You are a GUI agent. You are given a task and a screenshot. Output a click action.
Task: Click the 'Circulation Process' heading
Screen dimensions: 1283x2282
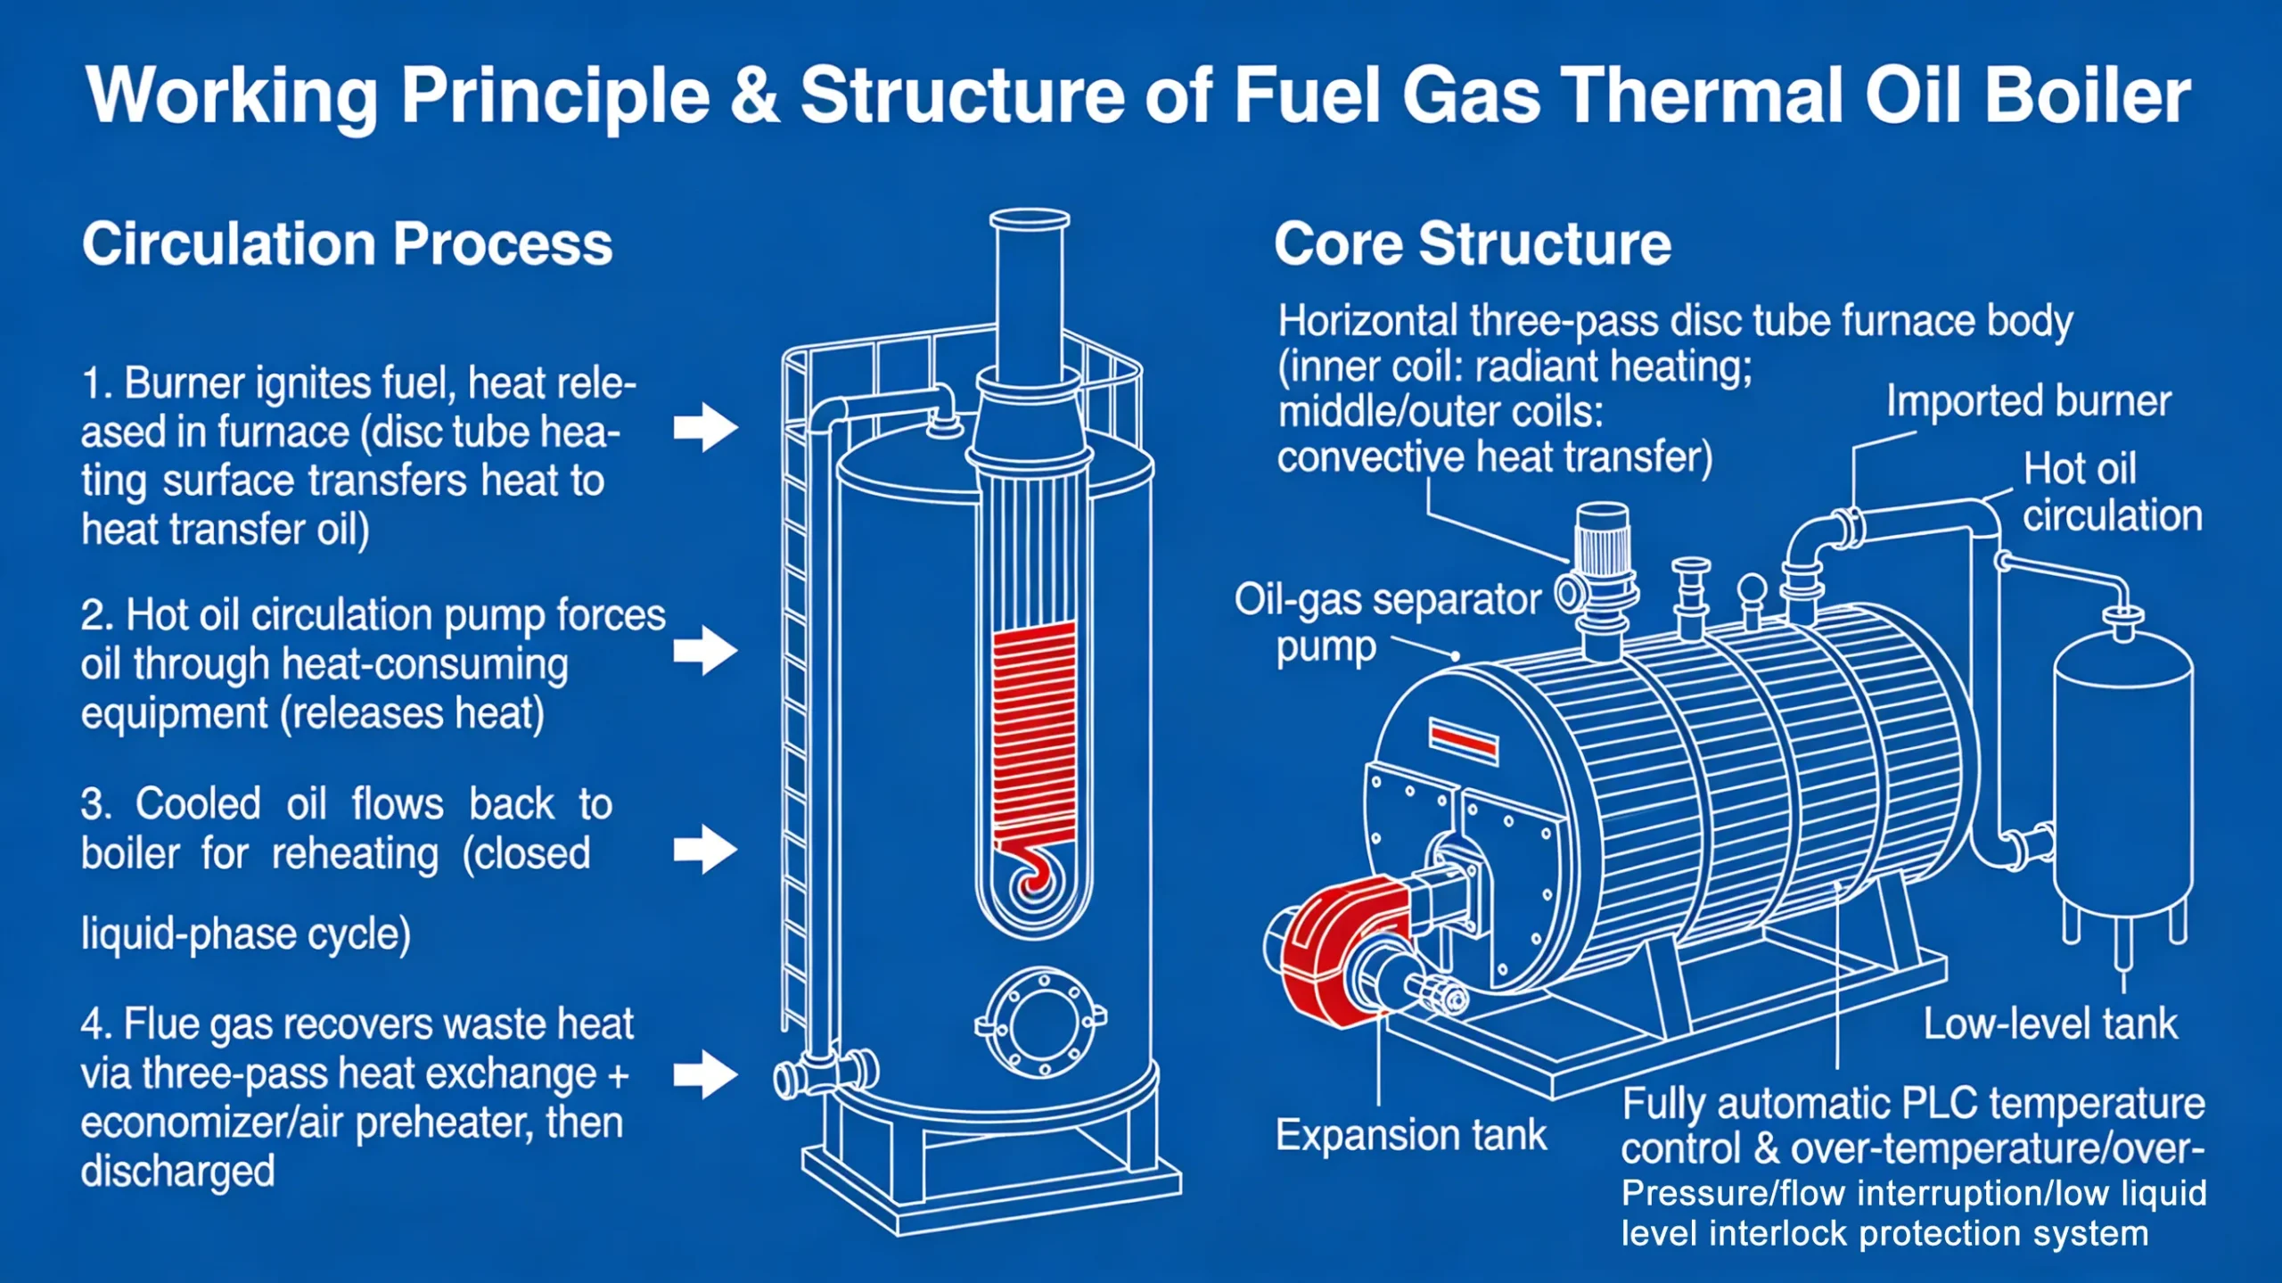(x=347, y=243)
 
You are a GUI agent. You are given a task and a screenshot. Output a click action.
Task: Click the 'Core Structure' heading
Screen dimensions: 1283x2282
(x=1472, y=243)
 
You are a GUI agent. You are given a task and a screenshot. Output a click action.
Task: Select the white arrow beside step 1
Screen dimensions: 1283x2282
(x=705, y=427)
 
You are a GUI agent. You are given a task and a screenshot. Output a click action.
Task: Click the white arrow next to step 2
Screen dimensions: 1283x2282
(x=705, y=650)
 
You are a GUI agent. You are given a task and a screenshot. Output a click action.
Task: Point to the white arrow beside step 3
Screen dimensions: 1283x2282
(x=705, y=849)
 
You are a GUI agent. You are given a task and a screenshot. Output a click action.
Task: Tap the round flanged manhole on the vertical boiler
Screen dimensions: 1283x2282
(x=1041, y=1023)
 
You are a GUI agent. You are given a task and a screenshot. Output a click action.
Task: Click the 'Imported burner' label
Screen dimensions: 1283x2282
(x=2028, y=401)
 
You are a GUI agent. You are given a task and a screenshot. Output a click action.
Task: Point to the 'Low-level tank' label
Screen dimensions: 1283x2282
(x=2049, y=1024)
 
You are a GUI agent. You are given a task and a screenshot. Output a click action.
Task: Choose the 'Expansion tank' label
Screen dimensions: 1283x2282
(x=1410, y=1135)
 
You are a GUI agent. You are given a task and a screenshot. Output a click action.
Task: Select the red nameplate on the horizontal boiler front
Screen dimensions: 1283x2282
(x=1464, y=741)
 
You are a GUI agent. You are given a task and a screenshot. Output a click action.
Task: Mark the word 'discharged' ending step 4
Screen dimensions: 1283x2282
(x=177, y=1171)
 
